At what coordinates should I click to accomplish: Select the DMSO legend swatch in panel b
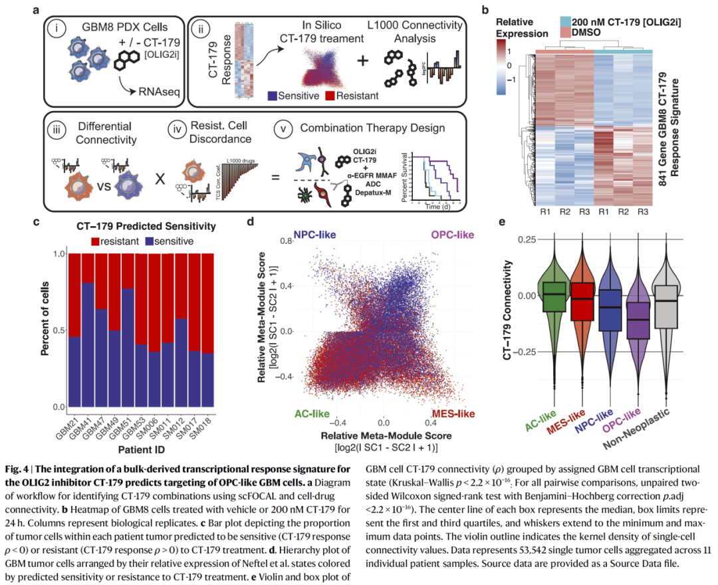click(x=564, y=33)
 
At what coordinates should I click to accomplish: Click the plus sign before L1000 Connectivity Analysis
click(x=363, y=60)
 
